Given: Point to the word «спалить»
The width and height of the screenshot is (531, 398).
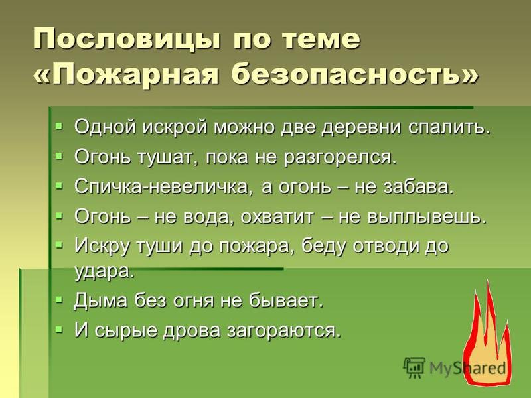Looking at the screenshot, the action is [x=450, y=127].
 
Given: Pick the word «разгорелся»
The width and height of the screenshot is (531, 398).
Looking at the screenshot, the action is [x=340, y=157].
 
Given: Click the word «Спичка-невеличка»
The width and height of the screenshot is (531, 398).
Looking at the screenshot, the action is [x=164, y=186].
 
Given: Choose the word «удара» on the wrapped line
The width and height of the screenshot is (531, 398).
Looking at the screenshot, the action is [x=104, y=271].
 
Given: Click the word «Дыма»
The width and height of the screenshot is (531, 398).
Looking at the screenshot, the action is [x=102, y=300].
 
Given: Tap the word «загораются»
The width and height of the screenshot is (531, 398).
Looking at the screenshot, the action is [x=284, y=330].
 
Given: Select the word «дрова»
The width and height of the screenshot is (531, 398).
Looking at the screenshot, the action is [x=192, y=330].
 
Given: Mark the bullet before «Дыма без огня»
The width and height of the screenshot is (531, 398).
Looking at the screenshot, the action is [x=59, y=299].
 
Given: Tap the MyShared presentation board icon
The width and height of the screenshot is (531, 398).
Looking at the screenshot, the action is [x=414, y=367].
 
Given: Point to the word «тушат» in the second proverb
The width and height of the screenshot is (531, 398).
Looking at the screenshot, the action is [x=168, y=157].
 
